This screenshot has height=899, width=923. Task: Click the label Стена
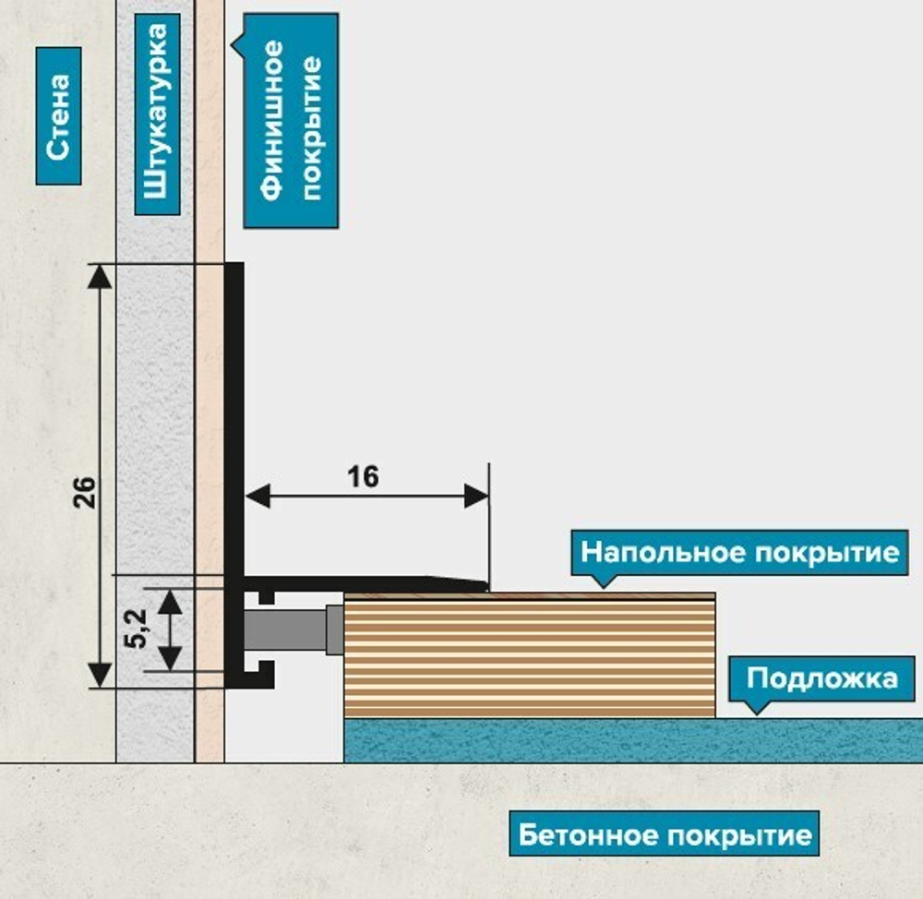(x=59, y=115)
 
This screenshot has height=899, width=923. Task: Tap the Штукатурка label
(x=157, y=114)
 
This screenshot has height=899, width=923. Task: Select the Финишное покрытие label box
(x=291, y=120)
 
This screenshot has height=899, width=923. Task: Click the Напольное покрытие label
(x=738, y=553)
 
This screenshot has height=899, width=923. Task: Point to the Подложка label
(x=821, y=678)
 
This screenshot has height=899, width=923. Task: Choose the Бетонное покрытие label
(x=665, y=836)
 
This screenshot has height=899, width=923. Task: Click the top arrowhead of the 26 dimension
(x=99, y=274)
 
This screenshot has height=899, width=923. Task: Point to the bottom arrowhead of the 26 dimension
(x=99, y=677)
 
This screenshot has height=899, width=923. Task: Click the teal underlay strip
(x=628, y=741)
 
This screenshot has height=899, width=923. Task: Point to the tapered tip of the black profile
(x=475, y=583)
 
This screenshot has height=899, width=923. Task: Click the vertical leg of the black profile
(x=234, y=415)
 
